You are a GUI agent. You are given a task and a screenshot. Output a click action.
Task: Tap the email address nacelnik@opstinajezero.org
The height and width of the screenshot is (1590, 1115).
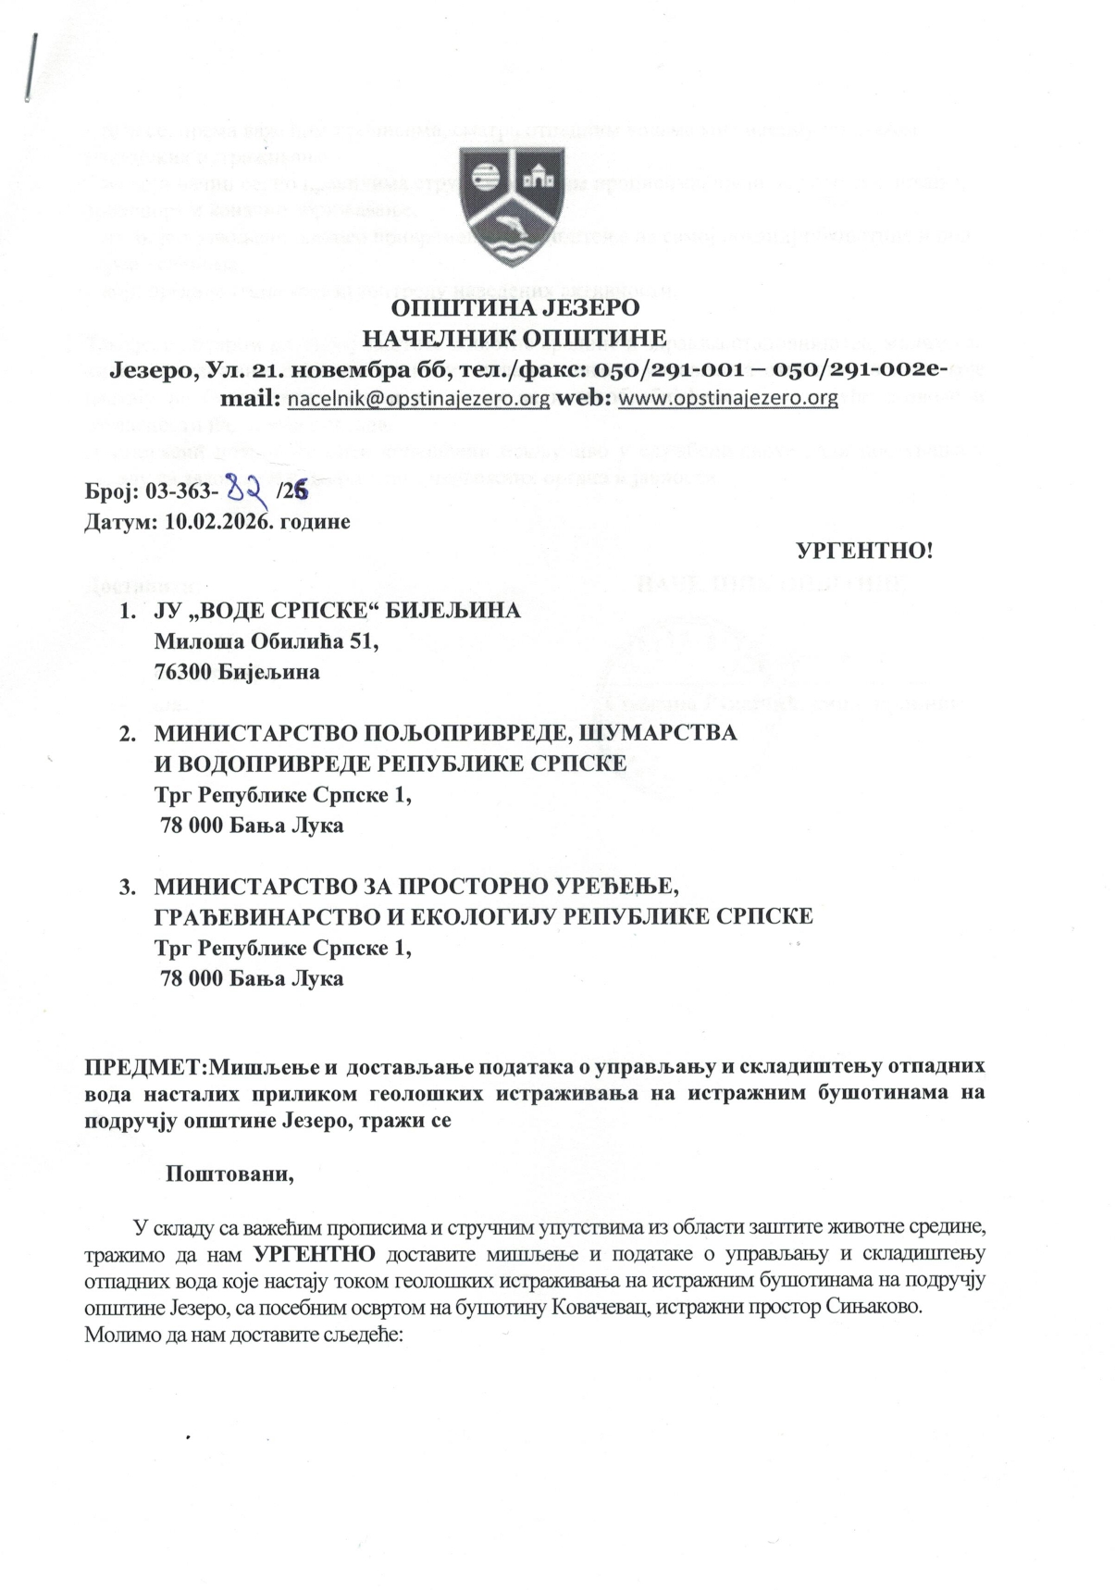[x=418, y=399]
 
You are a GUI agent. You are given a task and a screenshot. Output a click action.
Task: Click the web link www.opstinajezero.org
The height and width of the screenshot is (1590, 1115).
[x=726, y=399]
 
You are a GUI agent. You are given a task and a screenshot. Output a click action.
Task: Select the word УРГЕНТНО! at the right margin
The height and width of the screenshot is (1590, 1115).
[x=864, y=552]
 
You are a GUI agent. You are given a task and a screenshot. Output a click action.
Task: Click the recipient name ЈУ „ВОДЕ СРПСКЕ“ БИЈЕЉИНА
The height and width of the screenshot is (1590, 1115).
[x=337, y=612]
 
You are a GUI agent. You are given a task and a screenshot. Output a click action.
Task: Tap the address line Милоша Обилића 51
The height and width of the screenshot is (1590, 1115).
[x=266, y=641]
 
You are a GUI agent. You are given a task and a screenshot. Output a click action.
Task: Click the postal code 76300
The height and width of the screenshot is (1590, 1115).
[x=183, y=672]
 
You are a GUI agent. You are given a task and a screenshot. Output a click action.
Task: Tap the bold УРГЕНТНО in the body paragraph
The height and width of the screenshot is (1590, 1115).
[x=315, y=1255]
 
